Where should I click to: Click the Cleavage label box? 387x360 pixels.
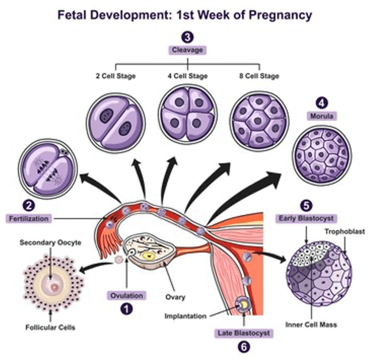tap(187, 50)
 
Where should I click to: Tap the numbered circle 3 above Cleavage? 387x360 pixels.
tap(187, 37)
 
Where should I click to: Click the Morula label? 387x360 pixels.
tap(321, 116)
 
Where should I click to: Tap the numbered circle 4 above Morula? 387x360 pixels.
tap(321, 103)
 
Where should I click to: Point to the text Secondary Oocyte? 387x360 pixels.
tap(50, 243)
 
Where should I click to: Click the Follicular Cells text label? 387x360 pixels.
tap(50, 327)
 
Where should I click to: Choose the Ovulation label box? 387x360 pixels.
tap(127, 295)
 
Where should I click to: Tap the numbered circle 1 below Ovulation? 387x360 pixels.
tap(127, 309)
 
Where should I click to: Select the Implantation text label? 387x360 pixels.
tap(185, 316)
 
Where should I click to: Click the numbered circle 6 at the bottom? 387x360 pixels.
tap(244, 346)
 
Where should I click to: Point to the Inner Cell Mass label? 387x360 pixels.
tap(311, 324)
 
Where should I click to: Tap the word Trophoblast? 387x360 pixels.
tap(345, 231)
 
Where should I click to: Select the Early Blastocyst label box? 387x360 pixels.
tap(307, 218)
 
